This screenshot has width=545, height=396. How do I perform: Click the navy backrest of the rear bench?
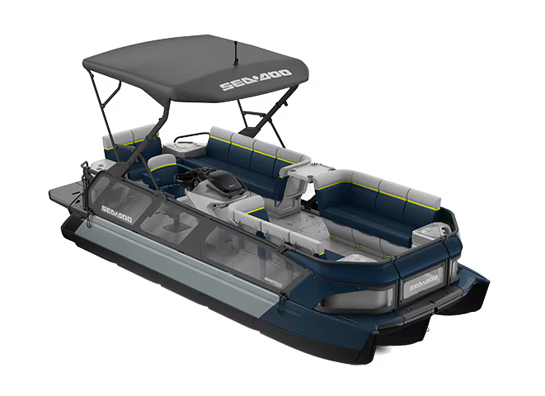pos(247,148)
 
